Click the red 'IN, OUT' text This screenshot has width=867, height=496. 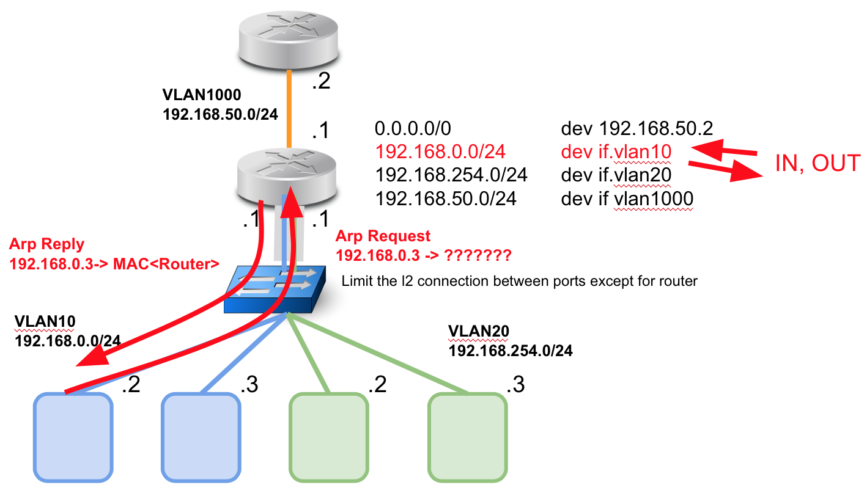(x=817, y=164)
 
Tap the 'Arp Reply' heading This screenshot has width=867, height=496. (x=46, y=244)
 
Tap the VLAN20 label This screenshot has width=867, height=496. (x=479, y=331)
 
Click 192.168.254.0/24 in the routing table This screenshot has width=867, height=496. (x=451, y=175)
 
